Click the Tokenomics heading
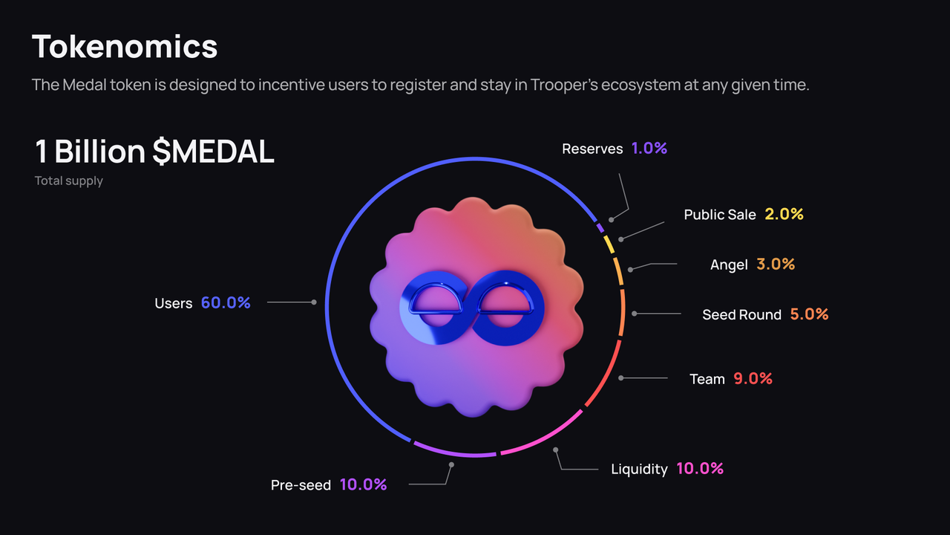(125, 46)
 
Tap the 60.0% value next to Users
(226, 302)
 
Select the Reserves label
(592, 149)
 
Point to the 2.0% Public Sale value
(784, 214)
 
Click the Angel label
(729, 265)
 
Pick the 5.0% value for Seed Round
(809, 314)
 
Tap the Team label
(707, 379)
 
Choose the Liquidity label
(639, 469)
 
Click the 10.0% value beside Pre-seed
(363, 484)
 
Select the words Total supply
(69, 181)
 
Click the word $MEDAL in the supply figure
(213, 151)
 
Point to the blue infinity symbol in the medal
(472, 308)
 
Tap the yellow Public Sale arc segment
(609, 244)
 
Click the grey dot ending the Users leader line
(314, 302)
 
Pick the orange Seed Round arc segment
(622, 313)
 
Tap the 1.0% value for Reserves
(649, 148)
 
